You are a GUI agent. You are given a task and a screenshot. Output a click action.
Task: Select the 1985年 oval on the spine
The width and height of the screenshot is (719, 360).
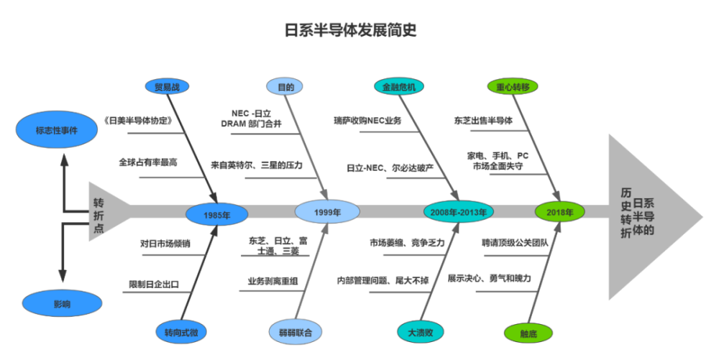(x=216, y=214)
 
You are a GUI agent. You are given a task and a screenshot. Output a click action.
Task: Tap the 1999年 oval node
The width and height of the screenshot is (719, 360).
(x=327, y=212)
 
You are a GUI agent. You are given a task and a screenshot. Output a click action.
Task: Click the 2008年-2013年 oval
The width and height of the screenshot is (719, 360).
(x=458, y=212)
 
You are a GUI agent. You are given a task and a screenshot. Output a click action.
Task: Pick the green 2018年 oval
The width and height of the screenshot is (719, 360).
(x=559, y=212)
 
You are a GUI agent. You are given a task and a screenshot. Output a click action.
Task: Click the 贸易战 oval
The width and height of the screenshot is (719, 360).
(x=167, y=87)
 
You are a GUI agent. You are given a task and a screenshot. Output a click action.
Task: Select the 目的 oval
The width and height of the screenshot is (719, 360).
(x=285, y=87)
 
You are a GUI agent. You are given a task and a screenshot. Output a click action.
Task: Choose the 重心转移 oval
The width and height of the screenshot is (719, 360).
(x=512, y=87)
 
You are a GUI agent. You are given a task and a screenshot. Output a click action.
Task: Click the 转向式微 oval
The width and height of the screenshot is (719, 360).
(x=180, y=332)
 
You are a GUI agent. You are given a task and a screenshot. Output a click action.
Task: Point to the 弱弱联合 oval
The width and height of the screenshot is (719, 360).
(x=296, y=333)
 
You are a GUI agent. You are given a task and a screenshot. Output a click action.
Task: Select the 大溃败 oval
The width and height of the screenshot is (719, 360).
(x=421, y=332)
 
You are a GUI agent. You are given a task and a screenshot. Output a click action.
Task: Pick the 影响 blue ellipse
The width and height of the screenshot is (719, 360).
(x=62, y=304)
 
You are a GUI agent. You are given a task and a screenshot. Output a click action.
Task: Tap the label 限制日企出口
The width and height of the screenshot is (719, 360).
(x=154, y=284)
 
